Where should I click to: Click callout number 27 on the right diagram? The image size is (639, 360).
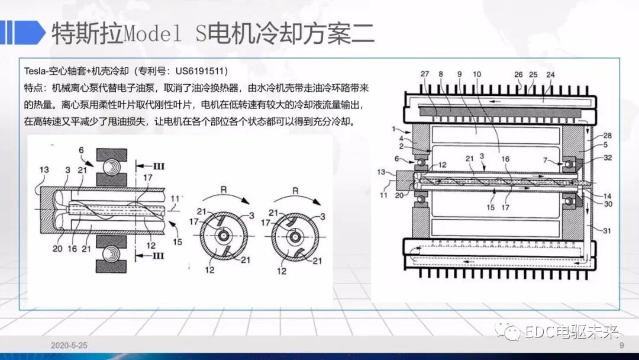coord(425,74)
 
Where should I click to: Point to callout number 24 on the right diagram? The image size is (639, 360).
coord(550,75)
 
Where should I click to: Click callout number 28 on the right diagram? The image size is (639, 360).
coord(608,136)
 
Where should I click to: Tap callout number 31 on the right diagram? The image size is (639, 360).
coord(608,231)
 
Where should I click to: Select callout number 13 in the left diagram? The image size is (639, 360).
coord(44,171)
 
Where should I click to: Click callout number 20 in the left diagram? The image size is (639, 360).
coord(57,249)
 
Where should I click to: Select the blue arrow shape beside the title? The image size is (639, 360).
coord(24,32)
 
